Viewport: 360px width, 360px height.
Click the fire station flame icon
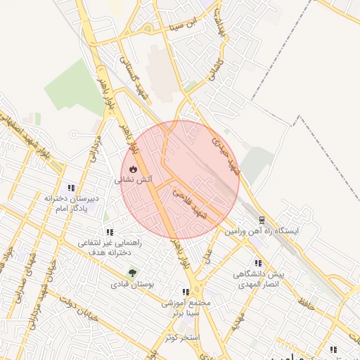pyautogui.click(x=133, y=169)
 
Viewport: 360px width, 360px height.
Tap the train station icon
pyautogui.click(x=262, y=220)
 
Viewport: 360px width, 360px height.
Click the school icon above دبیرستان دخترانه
pyautogui.click(x=71, y=188)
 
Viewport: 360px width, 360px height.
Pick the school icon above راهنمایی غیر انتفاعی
pyautogui.click(x=109, y=231)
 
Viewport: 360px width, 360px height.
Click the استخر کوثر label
pyautogui.click(x=181, y=337)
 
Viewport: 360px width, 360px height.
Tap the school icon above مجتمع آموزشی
pyautogui.click(x=186, y=292)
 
